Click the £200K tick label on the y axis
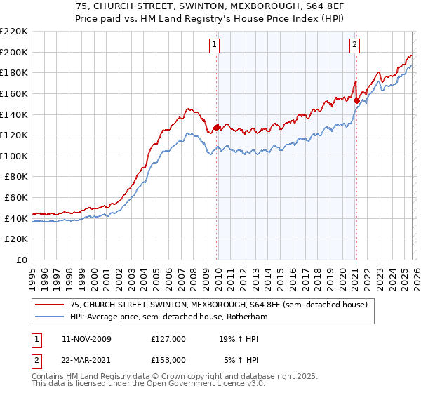pyautogui.click(x=14, y=52)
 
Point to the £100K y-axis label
pyautogui.click(x=14, y=156)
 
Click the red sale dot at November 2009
pyautogui.click(x=216, y=128)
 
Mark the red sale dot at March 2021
pyautogui.click(x=356, y=100)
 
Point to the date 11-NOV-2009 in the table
pyautogui.click(x=86, y=339)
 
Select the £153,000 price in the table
pyautogui.click(x=168, y=359)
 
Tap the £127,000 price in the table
pyautogui.click(x=168, y=339)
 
